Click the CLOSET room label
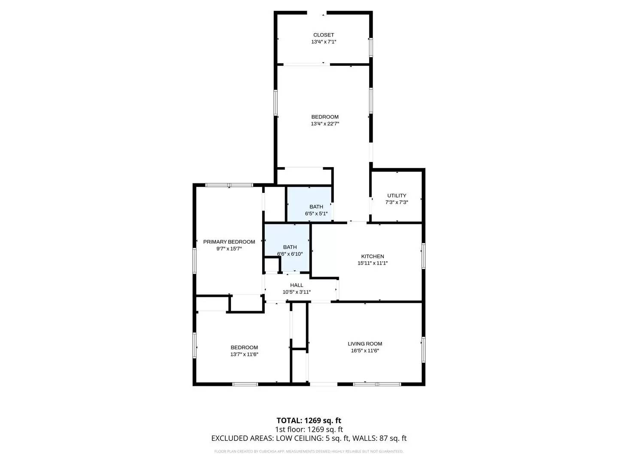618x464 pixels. click(324, 35)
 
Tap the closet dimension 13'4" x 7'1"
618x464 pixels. click(324, 42)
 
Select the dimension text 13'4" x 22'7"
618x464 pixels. click(325, 124)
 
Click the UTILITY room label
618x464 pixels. click(397, 195)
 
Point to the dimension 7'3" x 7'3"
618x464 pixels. click(397, 202)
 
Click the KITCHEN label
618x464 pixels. click(373, 256)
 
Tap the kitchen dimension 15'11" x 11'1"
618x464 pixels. click(373, 263)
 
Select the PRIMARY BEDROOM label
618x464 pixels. click(229, 242)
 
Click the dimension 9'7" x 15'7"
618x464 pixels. click(229, 249)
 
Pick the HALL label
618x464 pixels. click(297, 285)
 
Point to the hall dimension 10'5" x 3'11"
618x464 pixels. click(297, 292)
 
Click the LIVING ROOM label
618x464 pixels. click(365, 344)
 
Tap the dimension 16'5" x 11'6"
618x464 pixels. click(365, 351)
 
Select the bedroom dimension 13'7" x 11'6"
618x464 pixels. click(244, 354)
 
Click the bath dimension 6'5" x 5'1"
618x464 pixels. click(316, 214)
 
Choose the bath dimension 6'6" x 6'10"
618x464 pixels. click(290, 254)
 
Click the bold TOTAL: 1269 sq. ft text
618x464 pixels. click(309, 421)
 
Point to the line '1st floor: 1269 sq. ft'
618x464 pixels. click(309, 430)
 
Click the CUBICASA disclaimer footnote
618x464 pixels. click(309, 452)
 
